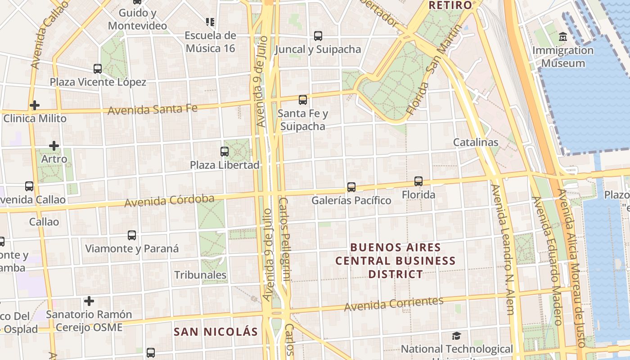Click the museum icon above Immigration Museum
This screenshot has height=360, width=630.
point(562,36)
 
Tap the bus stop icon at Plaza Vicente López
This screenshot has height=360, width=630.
point(98,69)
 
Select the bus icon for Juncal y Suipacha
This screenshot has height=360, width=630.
point(318,36)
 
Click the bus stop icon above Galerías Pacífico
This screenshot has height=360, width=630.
point(351,187)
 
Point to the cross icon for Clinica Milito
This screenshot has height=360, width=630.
point(35,105)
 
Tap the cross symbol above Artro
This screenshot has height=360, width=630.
point(54,146)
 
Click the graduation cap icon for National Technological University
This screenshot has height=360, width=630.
point(457,336)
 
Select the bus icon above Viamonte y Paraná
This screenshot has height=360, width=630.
point(132,235)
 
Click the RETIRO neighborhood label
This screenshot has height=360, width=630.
point(450,5)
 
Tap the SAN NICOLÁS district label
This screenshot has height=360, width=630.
point(216,332)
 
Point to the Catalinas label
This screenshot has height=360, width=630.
point(476,142)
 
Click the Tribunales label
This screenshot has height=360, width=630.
point(200,274)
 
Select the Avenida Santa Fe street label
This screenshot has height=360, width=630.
point(153,109)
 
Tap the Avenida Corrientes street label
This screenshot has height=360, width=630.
point(394,304)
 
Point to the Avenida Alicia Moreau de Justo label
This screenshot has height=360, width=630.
point(571,268)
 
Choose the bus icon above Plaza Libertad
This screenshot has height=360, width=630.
point(225,152)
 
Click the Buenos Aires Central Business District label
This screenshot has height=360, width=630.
point(396,261)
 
